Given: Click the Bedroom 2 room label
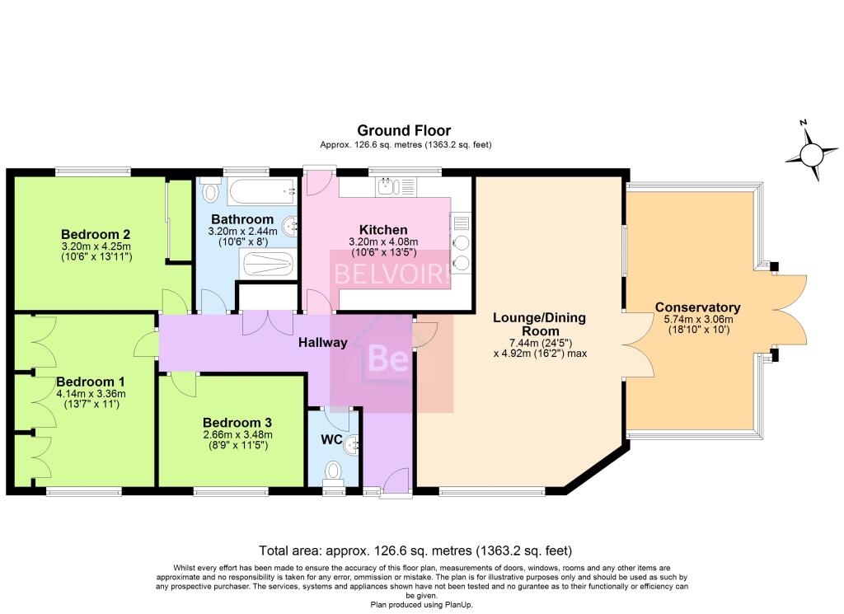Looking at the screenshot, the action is click(96, 234).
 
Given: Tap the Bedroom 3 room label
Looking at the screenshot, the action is click(237, 423).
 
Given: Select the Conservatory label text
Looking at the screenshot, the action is click(697, 307).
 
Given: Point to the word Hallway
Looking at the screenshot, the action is click(323, 342).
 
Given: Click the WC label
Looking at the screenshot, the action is click(331, 439).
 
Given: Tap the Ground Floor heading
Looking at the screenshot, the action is click(404, 130).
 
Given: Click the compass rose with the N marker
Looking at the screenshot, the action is click(811, 152).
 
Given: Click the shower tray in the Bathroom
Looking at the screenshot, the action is click(268, 265).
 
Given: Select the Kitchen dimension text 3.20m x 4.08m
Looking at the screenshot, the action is click(383, 242).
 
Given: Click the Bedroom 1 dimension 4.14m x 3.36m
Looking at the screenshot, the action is click(91, 394).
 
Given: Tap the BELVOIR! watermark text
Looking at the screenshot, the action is click(392, 274).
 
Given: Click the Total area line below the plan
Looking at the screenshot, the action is click(415, 551).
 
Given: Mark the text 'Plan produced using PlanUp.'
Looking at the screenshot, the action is click(421, 605).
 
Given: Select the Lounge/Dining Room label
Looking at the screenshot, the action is click(539, 324).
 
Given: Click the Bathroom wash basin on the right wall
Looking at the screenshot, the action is click(291, 226).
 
